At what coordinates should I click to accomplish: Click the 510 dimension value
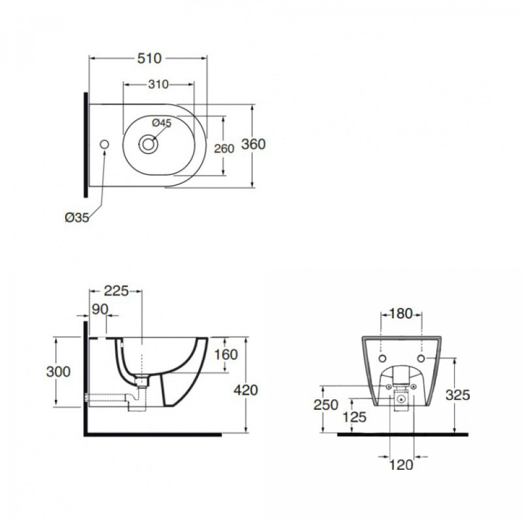[149, 58]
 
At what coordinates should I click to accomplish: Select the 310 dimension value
[158, 84]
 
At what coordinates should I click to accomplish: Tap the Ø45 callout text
[162, 123]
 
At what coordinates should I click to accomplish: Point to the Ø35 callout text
[77, 217]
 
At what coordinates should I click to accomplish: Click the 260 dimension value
[224, 148]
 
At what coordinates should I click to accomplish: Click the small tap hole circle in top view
[104, 144]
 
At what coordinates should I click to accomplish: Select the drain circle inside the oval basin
[148, 144]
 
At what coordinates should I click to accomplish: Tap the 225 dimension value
[116, 291]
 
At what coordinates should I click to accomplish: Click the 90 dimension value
[100, 309]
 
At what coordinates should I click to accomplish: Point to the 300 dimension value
[59, 371]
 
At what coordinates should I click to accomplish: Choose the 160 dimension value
[226, 355]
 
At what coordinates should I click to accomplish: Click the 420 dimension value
[246, 390]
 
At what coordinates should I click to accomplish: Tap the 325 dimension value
[458, 395]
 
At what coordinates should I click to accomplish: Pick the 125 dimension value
[355, 417]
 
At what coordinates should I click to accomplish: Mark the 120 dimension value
[401, 465]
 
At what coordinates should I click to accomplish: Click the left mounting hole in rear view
[382, 358]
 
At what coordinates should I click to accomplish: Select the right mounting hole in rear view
[421, 358]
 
